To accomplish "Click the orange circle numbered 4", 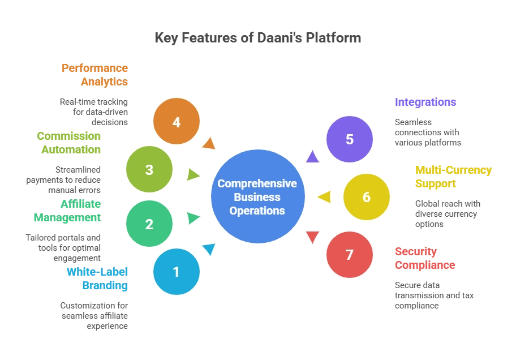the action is (177, 121).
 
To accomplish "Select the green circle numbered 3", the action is (149, 169).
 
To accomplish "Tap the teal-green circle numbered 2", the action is (149, 224).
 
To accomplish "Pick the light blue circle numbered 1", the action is (177, 271).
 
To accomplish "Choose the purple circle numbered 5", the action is (350, 139).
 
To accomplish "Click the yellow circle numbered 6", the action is (367, 196).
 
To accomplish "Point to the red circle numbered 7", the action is (350, 255).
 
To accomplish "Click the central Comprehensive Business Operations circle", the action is (258, 196).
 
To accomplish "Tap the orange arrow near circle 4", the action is (209, 144).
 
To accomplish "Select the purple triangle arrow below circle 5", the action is (313, 157).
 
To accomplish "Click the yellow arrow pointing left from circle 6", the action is (325, 197).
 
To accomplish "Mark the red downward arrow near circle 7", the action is (313, 237).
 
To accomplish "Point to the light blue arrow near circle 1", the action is (209, 249).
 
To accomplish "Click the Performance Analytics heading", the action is (95, 75).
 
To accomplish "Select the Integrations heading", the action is (425, 102).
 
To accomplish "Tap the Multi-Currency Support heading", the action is (453, 177).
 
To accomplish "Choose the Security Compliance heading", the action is (425, 258).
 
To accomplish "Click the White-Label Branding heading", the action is (97, 278).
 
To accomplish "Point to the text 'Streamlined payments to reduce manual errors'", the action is (63, 180).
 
